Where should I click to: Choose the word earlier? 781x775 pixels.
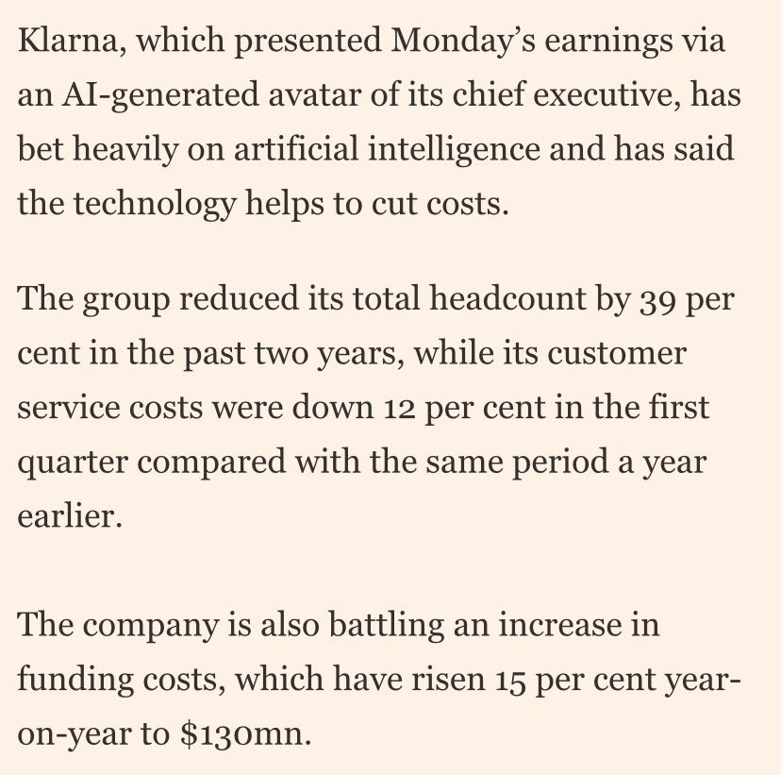pos(70,515)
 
